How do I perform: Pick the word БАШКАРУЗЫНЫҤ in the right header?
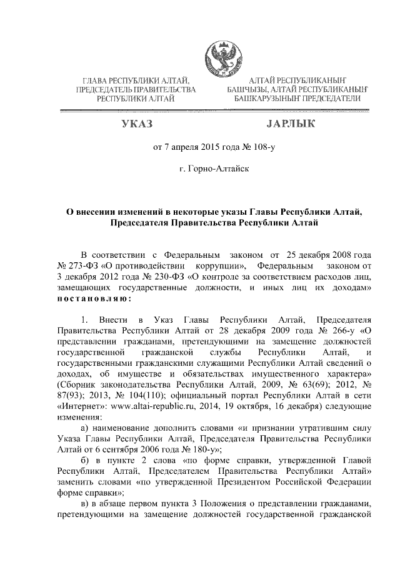266,99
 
